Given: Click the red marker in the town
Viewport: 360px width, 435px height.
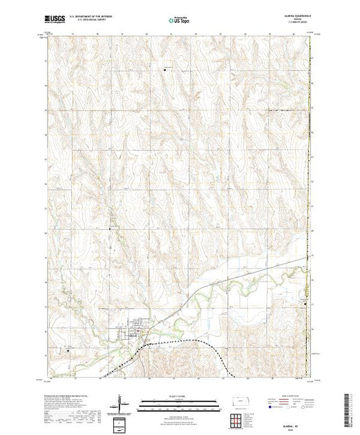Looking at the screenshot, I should pos(140,333).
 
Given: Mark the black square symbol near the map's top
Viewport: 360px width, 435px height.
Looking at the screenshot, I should pos(166,68).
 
